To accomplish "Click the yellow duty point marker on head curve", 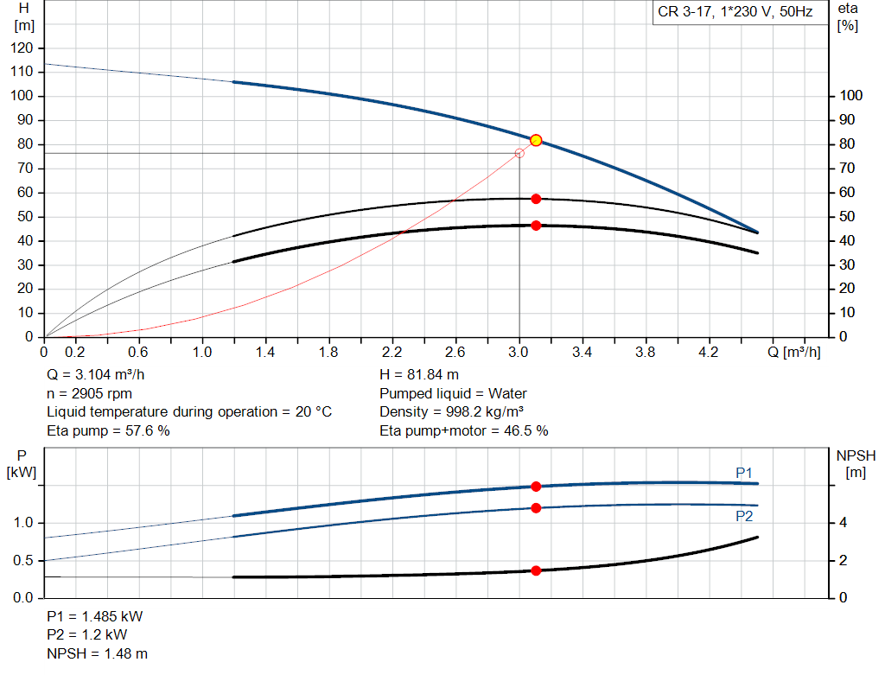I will click(536, 140).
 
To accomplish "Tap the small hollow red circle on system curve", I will click(519, 153).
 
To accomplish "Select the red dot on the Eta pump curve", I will click(536, 199).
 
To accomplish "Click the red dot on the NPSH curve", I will click(536, 570).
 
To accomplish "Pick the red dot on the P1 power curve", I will click(536, 487).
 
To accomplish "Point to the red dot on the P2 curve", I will click(536, 508).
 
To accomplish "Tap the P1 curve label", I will click(744, 472).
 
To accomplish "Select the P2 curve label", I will click(744, 516).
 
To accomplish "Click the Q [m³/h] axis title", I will click(799, 353).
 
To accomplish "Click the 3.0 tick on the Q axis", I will click(519, 353).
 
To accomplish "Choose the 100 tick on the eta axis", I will click(850, 96).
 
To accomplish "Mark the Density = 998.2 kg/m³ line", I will click(452, 411).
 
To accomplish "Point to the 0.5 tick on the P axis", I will click(24, 561).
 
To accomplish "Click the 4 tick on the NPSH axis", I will click(843, 523).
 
